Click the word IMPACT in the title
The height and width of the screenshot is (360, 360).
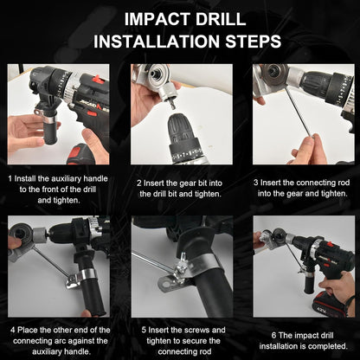click(149, 18)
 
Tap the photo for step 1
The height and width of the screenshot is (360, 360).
click(59, 113)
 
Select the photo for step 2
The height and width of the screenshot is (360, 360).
click(180, 113)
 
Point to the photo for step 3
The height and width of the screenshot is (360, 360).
click(302, 113)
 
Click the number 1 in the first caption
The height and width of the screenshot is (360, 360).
click(10, 178)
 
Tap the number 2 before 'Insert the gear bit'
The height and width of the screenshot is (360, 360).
click(138, 183)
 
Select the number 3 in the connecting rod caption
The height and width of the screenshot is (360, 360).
click(257, 183)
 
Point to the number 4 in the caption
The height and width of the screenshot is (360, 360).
click(12, 330)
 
